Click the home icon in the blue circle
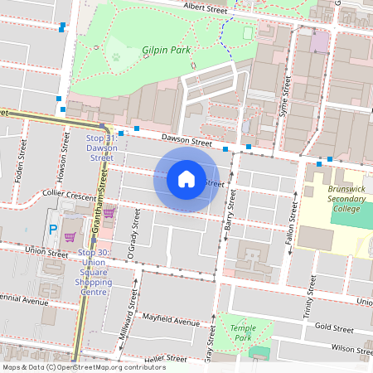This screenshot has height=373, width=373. [x=186, y=178]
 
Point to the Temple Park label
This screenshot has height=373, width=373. [x=242, y=333]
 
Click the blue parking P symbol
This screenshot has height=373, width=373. [x=53, y=229]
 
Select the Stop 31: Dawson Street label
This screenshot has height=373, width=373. [x=102, y=147]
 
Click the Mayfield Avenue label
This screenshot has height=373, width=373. [x=172, y=321]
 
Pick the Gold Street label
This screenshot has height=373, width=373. [x=334, y=328]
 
